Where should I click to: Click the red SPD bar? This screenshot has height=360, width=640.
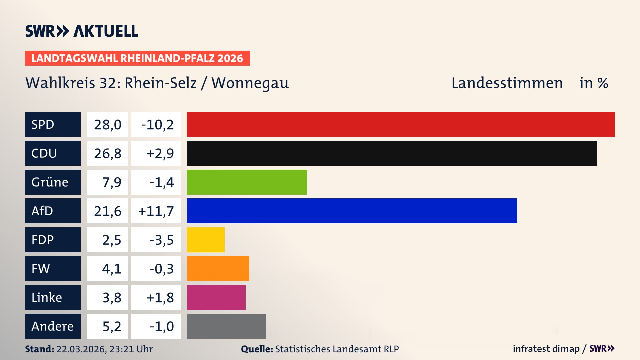(401, 124)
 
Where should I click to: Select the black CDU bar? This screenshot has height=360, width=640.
(392, 153)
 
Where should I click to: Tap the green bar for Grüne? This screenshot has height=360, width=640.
(247, 182)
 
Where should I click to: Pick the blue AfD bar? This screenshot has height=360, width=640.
(352, 211)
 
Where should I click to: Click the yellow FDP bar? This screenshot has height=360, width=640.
(206, 240)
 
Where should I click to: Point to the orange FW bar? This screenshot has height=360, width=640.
(218, 268)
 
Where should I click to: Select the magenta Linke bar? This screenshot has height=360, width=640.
(216, 297)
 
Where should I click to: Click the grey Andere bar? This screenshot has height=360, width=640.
(226, 326)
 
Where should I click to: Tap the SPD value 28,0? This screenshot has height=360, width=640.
(107, 125)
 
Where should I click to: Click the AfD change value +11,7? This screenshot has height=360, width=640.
(156, 211)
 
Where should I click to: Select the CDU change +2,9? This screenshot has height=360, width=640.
(160, 153)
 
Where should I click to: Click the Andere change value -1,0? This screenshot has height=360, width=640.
(161, 326)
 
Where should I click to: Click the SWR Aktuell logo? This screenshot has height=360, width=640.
(82, 31)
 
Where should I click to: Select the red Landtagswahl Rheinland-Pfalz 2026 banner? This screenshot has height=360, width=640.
(137, 58)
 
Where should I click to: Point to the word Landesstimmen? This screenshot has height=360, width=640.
(507, 83)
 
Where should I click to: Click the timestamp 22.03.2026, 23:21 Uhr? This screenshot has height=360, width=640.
(104, 349)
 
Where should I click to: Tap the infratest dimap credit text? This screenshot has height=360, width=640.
(546, 349)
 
